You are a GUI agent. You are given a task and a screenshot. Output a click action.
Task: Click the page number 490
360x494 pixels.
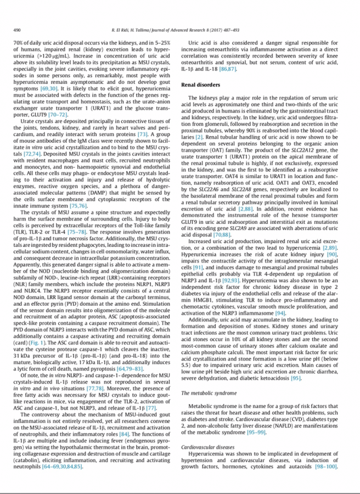coord(17,29)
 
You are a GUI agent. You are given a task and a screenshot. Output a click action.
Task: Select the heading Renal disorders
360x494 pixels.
coord(200,85)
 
